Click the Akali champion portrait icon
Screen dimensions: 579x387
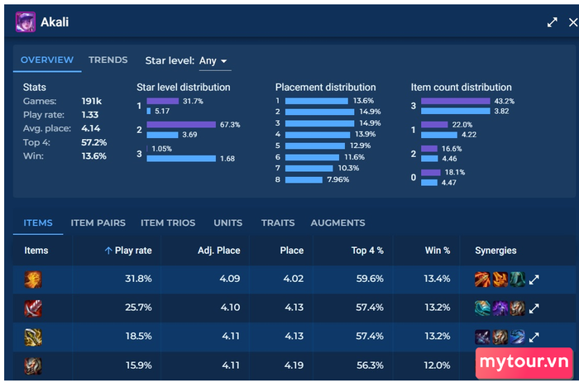click(26, 21)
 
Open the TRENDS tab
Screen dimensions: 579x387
click(108, 60)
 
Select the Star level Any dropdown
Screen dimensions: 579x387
click(213, 61)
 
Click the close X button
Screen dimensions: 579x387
click(572, 22)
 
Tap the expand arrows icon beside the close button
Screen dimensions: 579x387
click(552, 22)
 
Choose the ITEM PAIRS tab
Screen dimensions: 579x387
click(98, 222)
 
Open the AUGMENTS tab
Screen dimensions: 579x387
click(337, 222)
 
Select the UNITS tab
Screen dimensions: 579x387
click(227, 222)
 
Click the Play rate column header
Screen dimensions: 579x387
click(128, 251)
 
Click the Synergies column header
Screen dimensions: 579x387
click(495, 251)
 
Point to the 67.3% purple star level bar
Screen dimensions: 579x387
click(181, 124)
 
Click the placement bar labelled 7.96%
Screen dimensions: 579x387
click(304, 179)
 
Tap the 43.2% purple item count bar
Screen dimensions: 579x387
click(455, 101)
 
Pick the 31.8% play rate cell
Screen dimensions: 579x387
click(138, 279)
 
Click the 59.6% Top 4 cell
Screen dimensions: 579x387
click(370, 279)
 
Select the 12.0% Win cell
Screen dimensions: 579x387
click(437, 365)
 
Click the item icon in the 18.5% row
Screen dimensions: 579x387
click(33, 337)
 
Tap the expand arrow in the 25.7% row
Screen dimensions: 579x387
click(534, 308)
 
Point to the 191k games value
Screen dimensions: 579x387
click(92, 101)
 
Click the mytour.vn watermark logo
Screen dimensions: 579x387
click(524, 362)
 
